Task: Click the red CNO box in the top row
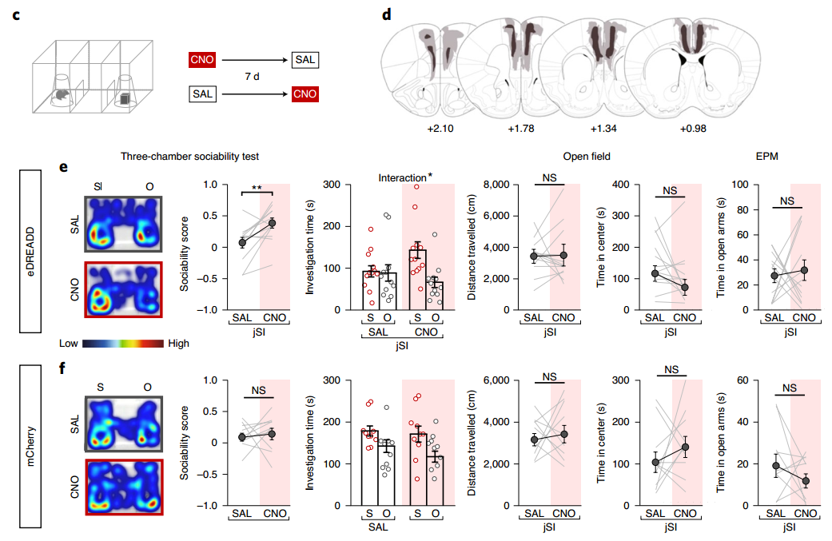pos(201,60)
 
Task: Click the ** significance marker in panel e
pos(258,189)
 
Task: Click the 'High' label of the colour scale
pos(178,343)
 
